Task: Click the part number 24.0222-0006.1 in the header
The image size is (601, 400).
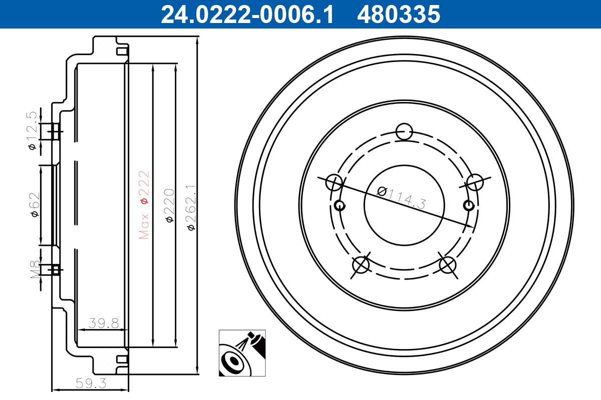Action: (x=247, y=14)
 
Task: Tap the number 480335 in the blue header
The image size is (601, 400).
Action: (x=399, y=14)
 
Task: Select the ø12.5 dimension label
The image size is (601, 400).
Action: (x=32, y=130)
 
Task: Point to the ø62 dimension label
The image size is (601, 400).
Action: (x=35, y=204)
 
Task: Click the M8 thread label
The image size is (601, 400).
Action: (x=35, y=269)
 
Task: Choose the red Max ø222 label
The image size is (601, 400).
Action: (x=144, y=204)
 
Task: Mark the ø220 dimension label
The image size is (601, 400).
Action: (x=169, y=205)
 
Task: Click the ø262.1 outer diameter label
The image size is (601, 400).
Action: (x=191, y=207)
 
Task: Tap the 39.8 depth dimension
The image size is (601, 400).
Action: (x=104, y=323)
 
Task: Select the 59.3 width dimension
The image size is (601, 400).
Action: (x=91, y=383)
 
